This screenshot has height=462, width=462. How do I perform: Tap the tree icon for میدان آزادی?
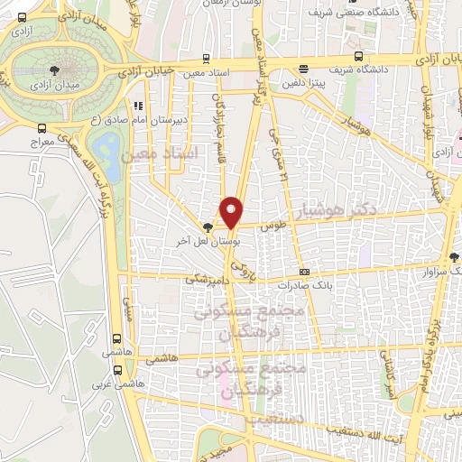pyautogui.click(x=56, y=69)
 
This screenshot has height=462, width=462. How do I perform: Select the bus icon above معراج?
pyautogui.click(x=42, y=130)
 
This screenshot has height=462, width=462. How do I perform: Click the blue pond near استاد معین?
pyautogui.click(x=107, y=146)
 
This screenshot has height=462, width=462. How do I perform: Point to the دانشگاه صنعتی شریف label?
pyautogui.click(x=339, y=14)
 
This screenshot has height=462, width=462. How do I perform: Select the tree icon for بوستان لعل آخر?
pyautogui.click(x=208, y=228)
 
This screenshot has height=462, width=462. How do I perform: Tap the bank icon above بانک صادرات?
pyautogui.click(x=304, y=271)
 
